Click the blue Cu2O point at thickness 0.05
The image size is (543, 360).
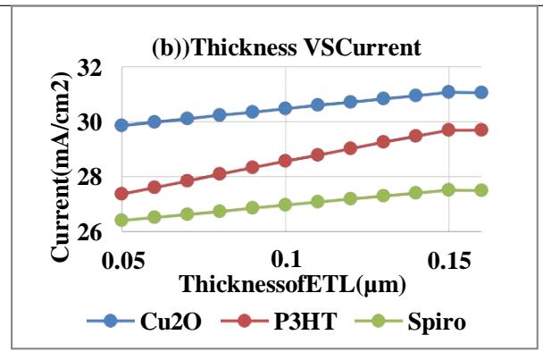click(x=122, y=125)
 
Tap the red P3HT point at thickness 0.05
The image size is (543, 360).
click(x=122, y=194)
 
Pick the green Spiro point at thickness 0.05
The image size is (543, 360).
click(x=122, y=220)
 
